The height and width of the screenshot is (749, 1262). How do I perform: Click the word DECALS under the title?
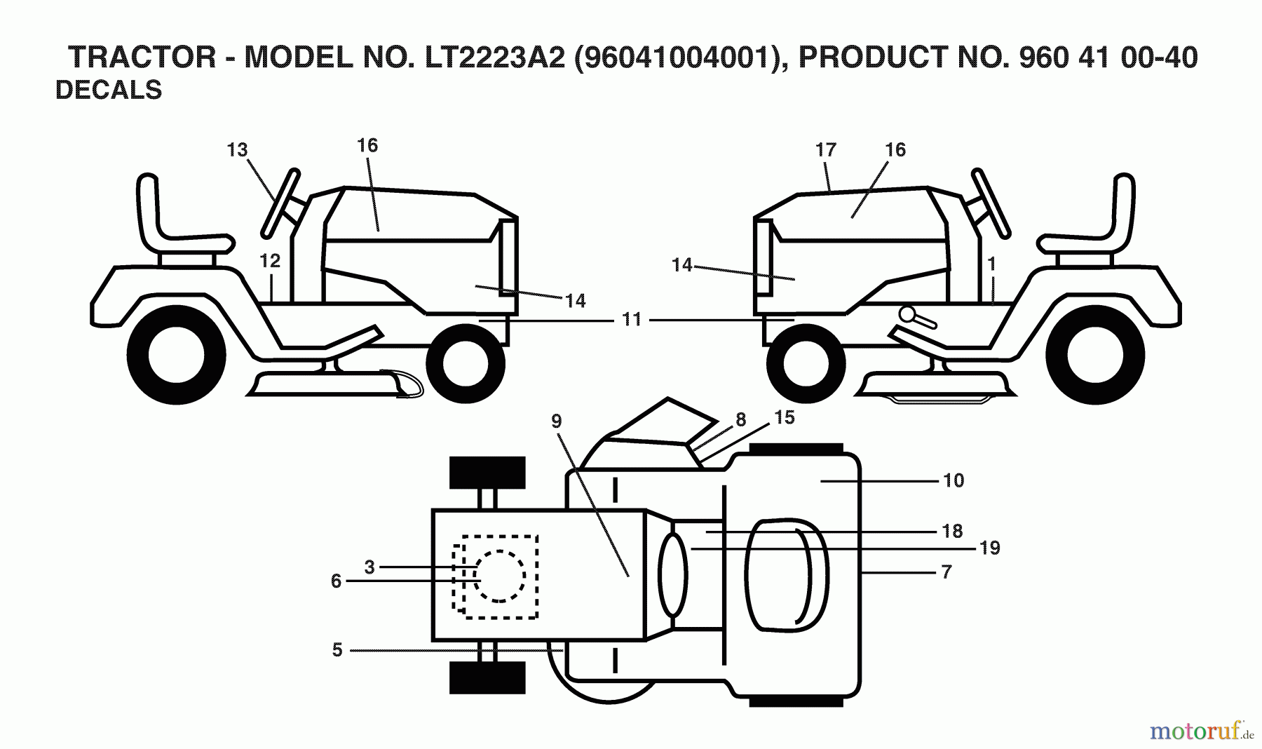click(x=109, y=90)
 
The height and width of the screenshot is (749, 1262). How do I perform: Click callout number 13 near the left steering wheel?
click(x=237, y=149)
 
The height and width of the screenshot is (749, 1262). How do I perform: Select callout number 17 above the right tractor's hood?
click(x=826, y=149)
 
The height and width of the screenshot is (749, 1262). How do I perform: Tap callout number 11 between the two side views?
click(x=632, y=320)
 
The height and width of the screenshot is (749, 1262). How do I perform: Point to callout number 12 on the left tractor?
click(x=269, y=261)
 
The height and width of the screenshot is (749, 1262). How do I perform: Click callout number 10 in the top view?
click(x=954, y=480)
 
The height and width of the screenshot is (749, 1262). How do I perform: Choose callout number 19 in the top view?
click(x=989, y=547)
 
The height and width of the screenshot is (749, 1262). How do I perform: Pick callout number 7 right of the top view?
click(x=946, y=572)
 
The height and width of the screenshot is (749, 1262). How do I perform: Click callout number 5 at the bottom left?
click(x=337, y=650)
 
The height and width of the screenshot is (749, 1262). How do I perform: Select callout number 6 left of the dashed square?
click(x=336, y=581)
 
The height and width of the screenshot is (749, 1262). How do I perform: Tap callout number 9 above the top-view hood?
click(x=556, y=421)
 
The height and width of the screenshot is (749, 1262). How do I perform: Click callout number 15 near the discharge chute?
click(x=784, y=417)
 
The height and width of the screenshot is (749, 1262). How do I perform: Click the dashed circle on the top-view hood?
click(x=499, y=575)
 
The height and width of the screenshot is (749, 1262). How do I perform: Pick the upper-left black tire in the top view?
click(x=487, y=472)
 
